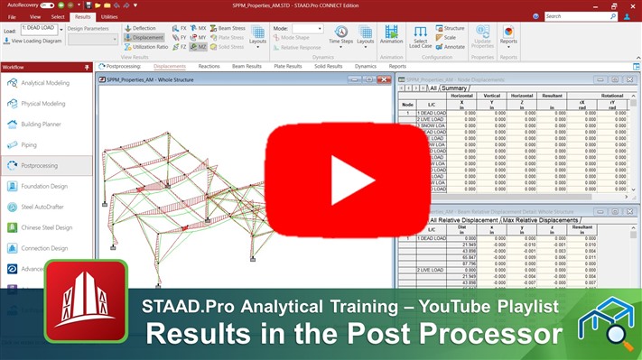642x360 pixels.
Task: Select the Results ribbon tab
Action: (x=82, y=16)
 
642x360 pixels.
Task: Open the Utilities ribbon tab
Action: (x=109, y=16)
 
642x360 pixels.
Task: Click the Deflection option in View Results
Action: (x=143, y=28)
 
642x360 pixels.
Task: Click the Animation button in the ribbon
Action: (x=391, y=35)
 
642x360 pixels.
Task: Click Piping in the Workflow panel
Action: (x=30, y=144)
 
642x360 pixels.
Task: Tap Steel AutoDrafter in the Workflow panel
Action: (x=47, y=208)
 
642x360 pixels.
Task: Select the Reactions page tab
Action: (x=209, y=66)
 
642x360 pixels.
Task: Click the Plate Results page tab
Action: (x=287, y=66)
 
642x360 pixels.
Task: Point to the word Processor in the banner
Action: (x=488, y=333)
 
